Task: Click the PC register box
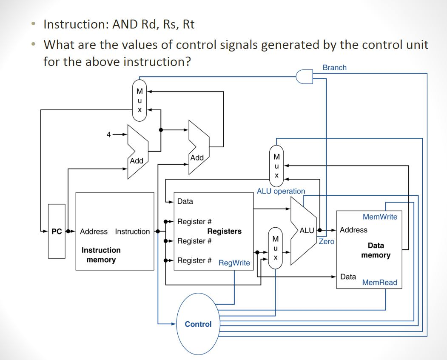coord(57,231)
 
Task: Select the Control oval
coord(198,324)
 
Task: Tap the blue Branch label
coord(334,68)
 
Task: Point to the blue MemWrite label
coord(380,217)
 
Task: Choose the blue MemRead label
coord(379,283)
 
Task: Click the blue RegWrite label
coord(234,263)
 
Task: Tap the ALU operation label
coord(281,191)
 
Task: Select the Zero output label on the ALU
coord(327,241)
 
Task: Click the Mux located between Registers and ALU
coord(275,248)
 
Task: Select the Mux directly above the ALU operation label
coord(276,166)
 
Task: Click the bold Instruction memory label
coord(101,255)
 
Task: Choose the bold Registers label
coord(224,231)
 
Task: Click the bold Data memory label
coord(376,250)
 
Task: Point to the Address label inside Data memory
coord(353,230)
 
